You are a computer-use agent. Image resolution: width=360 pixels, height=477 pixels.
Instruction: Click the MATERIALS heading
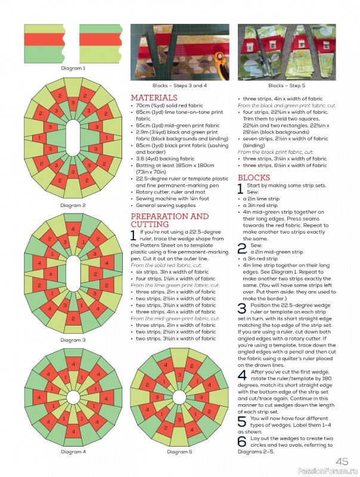point(154,97)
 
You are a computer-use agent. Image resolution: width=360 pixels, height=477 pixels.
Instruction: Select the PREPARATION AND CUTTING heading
point(169,220)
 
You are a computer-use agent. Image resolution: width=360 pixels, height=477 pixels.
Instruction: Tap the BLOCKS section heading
point(253,178)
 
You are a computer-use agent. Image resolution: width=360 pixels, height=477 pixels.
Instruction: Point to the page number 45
point(342,461)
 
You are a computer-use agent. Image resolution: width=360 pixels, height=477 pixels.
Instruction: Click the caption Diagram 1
point(73,68)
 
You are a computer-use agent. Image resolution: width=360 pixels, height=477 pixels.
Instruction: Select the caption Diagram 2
point(73,205)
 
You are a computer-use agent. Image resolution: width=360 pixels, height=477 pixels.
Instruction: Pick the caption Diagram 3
point(73,340)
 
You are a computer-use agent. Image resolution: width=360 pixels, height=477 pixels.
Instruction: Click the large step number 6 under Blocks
point(241,441)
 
